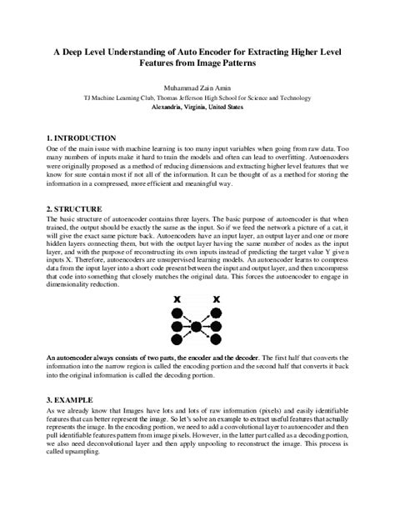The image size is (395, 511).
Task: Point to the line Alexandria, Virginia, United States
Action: tap(197, 108)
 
